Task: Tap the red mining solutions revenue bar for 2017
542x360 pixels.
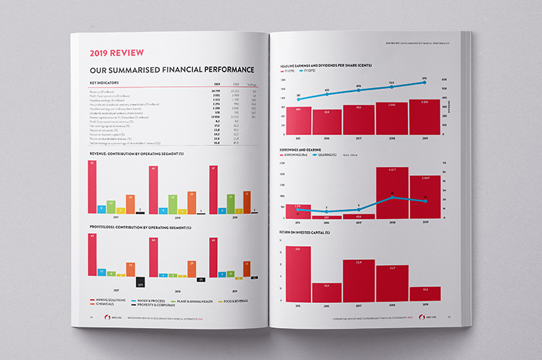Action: coord(93,187)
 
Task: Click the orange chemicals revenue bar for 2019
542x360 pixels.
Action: coord(246,202)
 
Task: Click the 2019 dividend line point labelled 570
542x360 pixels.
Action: coord(425,83)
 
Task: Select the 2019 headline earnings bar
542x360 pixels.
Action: coord(425,117)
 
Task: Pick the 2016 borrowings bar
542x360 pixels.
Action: coord(327,217)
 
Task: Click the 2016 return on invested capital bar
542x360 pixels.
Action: coord(327,292)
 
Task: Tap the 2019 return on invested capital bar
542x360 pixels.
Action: coord(425,294)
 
